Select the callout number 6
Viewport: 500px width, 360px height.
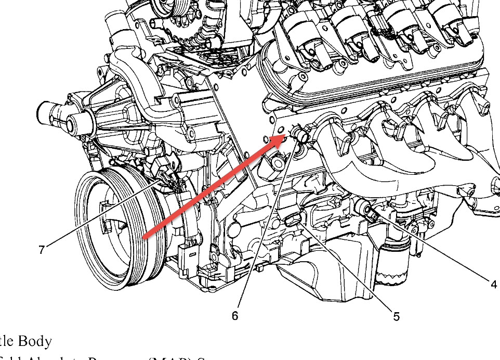click(x=235, y=315)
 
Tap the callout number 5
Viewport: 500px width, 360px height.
click(x=396, y=315)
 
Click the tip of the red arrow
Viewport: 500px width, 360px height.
click(x=285, y=135)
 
